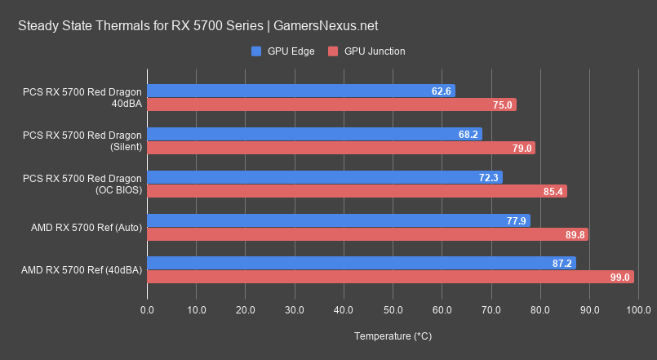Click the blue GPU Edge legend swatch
click(256, 51)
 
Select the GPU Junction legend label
click(375, 51)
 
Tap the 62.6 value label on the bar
click(442, 91)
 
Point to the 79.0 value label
click(522, 148)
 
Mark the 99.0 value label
click(620, 278)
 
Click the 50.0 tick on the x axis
click(393, 310)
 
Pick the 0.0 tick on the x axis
click(148, 310)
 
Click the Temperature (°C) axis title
click(393, 336)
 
